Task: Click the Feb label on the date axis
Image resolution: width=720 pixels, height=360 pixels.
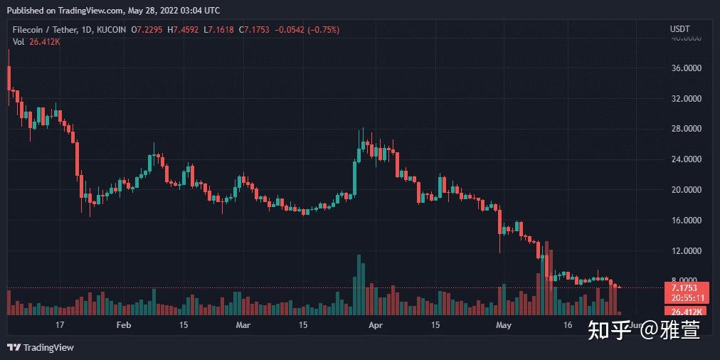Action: [x=124, y=325]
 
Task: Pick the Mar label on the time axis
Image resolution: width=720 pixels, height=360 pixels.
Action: [x=243, y=325]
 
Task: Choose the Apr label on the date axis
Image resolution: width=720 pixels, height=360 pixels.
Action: [x=376, y=325]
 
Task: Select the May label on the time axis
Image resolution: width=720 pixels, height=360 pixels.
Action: [x=504, y=325]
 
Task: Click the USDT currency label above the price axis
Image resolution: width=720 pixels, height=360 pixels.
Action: [x=679, y=29]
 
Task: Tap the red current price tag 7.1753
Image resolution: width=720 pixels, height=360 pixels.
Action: [x=683, y=287]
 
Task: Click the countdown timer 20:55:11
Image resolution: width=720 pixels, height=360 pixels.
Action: [x=683, y=298]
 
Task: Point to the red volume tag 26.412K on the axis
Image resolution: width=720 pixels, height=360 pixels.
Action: [x=683, y=312]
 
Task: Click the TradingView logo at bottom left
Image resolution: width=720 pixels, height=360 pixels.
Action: [x=41, y=347]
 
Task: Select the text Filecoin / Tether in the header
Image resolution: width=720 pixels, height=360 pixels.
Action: [x=41, y=30]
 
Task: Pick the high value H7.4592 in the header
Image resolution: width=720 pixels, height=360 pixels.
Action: [x=184, y=30]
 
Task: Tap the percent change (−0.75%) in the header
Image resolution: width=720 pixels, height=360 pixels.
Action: [x=319, y=30]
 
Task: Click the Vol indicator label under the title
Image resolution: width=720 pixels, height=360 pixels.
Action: [x=17, y=41]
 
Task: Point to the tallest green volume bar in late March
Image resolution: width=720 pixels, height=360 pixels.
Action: [x=359, y=285]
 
